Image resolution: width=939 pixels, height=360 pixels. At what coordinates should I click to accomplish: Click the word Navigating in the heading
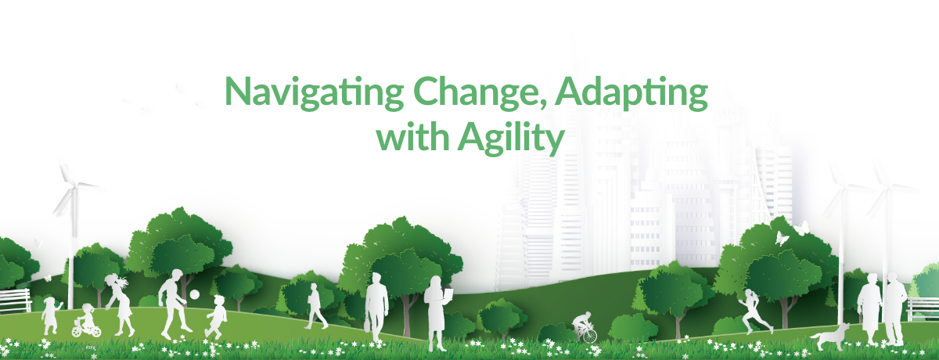pos(315,92)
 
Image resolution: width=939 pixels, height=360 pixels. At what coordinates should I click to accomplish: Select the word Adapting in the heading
pos(631,92)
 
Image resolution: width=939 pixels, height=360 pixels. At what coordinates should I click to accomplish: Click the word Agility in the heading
pos(511,139)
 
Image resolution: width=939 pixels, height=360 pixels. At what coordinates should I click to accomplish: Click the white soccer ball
pos(195,294)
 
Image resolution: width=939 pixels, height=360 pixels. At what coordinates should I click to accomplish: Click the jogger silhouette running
pos(754,312)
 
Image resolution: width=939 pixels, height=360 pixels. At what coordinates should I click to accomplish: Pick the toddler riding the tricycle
pos(86,321)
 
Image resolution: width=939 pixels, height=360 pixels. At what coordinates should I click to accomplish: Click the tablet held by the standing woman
pos(448,294)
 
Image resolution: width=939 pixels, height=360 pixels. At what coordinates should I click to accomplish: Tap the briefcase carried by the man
pos(368,326)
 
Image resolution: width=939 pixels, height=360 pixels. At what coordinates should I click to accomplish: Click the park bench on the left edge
pos(15,300)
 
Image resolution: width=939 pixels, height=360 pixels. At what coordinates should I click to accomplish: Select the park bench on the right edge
pos(923,308)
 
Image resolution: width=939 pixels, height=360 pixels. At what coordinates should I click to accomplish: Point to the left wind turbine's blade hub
pos(73,185)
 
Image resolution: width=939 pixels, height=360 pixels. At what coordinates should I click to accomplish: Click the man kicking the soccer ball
pos(174,304)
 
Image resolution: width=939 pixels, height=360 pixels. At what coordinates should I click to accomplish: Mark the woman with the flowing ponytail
pos(119,304)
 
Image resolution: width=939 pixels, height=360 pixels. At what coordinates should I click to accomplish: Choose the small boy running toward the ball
pos(216,317)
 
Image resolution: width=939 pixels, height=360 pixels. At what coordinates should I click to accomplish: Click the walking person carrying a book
pos(316,306)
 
